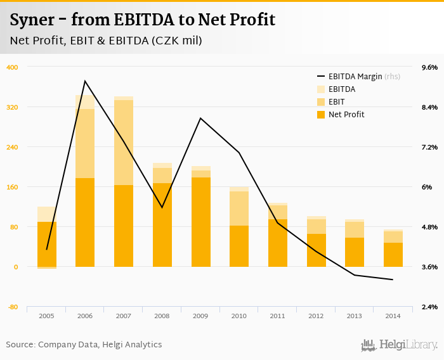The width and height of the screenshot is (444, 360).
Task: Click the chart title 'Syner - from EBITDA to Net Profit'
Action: [x=143, y=20]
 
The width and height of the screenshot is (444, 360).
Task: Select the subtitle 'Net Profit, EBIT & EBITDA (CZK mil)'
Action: [x=106, y=41]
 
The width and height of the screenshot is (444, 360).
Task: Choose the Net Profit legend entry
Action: [x=346, y=115]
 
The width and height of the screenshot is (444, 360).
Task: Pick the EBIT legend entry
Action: [x=337, y=102]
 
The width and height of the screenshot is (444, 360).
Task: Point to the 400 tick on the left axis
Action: [x=12, y=67]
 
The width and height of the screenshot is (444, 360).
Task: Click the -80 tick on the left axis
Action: [x=12, y=307]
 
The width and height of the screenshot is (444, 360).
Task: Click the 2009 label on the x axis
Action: [x=200, y=315]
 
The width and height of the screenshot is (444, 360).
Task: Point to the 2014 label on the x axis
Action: [x=393, y=315]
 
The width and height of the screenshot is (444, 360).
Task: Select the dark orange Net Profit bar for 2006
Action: [x=85, y=222]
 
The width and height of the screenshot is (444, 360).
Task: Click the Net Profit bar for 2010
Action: [x=239, y=246]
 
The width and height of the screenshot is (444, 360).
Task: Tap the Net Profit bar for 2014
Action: [x=393, y=255]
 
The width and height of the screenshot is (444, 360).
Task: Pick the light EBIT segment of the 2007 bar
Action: [x=124, y=143]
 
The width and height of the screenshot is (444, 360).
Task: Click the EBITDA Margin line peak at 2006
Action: [x=85, y=81]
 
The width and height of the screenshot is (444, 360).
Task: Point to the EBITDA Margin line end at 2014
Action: [x=393, y=280]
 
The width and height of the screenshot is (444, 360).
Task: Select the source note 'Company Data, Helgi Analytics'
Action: [x=100, y=345]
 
